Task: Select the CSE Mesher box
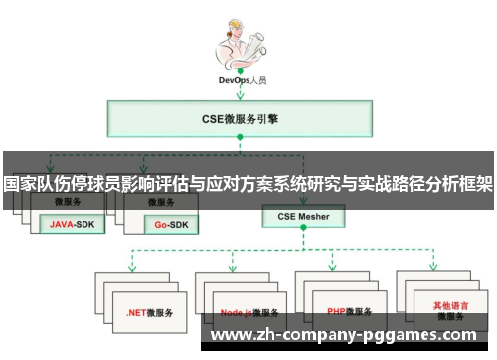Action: click(302, 216)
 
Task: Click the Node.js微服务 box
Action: click(246, 311)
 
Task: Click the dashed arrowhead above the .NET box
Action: click(132, 267)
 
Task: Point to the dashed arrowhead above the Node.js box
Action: click(233, 267)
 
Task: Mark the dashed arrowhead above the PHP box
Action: click(335, 267)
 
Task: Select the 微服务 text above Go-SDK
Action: click(161, 202)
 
